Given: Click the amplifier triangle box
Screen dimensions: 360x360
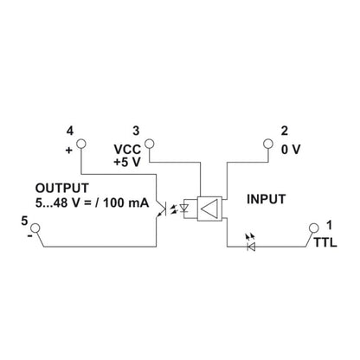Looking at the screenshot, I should click(x=209, y=206).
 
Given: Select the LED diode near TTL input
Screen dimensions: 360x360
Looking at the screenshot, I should click(x=252, y=246).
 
